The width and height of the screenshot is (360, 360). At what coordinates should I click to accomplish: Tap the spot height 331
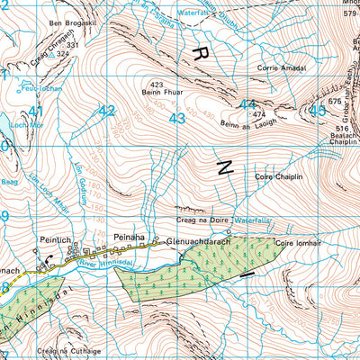click(73, 44)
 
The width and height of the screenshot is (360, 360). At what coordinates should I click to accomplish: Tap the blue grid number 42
click(107, 111)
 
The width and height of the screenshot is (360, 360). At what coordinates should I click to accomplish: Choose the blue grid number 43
click(177, 117)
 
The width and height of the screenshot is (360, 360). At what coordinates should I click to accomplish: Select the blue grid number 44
click(247, 104)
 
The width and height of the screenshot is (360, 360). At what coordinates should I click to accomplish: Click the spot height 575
click(336, 102)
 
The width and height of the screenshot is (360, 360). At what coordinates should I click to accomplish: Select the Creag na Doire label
click(203, 219)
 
